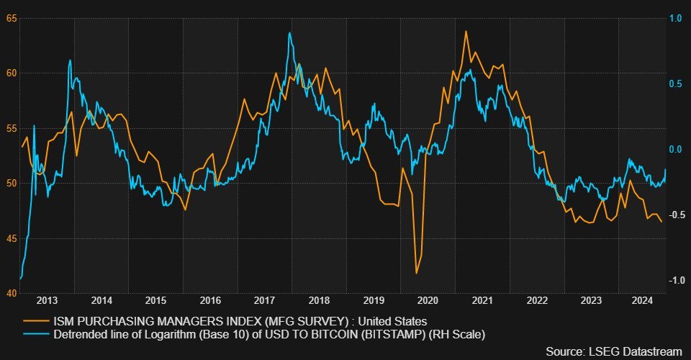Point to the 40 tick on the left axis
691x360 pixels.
click(x=11, y=293)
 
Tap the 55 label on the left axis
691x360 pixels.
click(x=11, y=127)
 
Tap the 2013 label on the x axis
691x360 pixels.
click(x=48, y=300)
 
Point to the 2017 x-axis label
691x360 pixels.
click(x=264, y=300)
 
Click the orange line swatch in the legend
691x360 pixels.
click(x=37, y=320)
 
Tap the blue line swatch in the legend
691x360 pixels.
click(x=37, y=334)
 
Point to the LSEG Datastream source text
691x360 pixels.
click(x=613, y=351)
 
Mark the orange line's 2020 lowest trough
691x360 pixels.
click(x=416, y=274)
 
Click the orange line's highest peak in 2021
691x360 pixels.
click(x=466, y=31)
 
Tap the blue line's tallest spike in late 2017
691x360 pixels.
click(x=289, y=32)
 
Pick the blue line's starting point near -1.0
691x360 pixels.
click(x=20, y=279)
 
